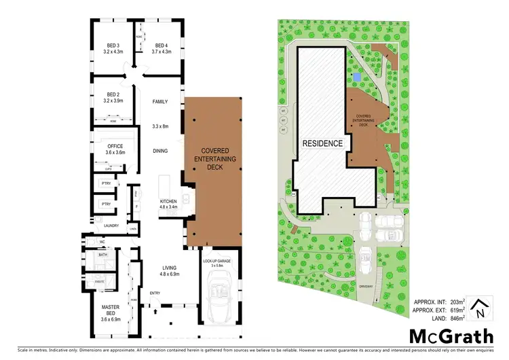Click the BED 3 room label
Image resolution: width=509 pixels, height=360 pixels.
113,47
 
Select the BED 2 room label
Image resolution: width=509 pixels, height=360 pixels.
113,96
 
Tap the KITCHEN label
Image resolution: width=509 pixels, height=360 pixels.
168,202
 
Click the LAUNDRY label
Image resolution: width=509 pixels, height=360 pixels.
102,225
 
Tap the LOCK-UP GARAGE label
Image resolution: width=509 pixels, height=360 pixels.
216,261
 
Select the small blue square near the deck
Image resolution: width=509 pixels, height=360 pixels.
356,79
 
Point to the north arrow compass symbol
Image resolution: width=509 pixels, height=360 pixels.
480,308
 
